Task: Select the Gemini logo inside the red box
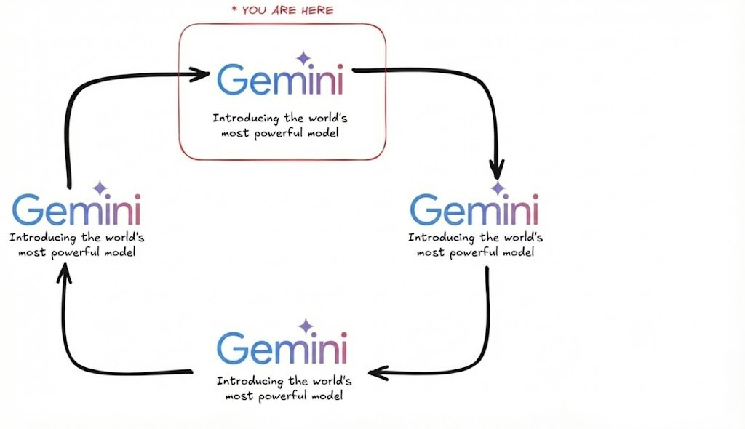tap(281, 79)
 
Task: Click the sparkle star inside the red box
tap(302, 58)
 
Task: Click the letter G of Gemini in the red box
tap(231, 79)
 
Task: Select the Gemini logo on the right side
tap(474, 209)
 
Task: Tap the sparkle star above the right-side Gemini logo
tap(498, 188)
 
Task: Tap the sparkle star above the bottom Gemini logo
tap(306, 326)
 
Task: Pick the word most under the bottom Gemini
tap(236, 396)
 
